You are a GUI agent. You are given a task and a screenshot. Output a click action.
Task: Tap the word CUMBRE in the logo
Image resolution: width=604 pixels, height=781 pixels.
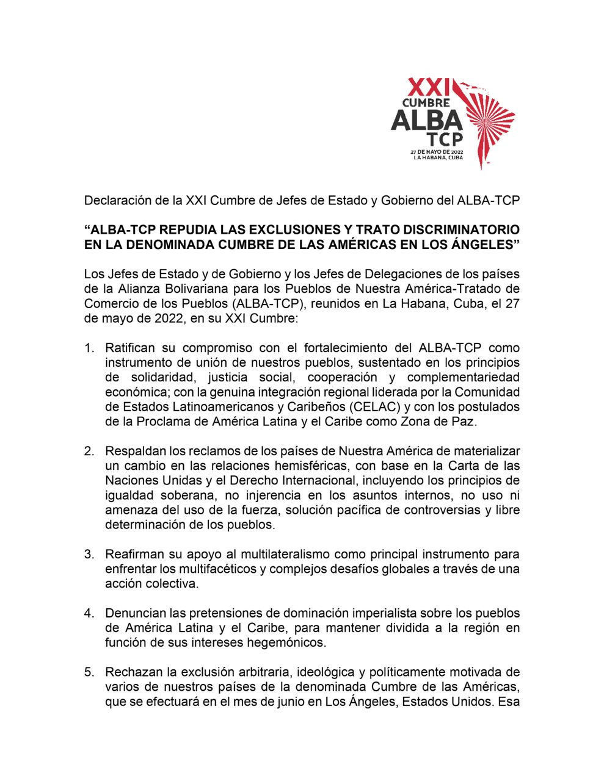coord(426,103)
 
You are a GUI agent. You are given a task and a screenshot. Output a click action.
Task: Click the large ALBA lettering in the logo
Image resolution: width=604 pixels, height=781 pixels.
coord(426,120)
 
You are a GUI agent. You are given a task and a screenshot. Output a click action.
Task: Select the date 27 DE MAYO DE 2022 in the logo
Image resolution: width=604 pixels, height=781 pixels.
coord(437,151)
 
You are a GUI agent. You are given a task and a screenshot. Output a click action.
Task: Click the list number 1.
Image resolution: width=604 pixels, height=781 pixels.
coord(89,348)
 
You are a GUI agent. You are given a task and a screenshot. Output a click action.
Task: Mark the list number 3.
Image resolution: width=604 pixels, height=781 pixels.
coord(89,554)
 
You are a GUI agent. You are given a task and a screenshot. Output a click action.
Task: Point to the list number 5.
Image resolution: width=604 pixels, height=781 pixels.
coord(89,672)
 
